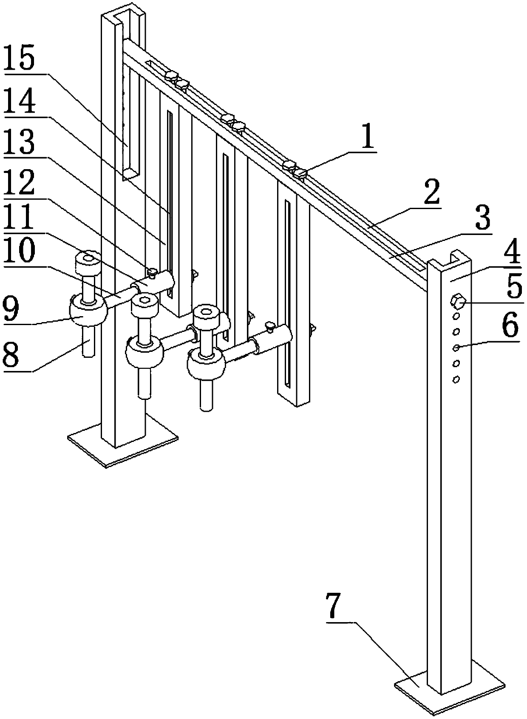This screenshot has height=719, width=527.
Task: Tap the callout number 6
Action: coord(510,326)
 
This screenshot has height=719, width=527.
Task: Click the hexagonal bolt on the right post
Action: coord(458,302)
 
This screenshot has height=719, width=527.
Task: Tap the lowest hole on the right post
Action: coord(456,379)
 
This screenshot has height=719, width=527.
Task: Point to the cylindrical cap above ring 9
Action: coord(88,263)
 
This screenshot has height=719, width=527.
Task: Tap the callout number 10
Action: coord(18,253)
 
